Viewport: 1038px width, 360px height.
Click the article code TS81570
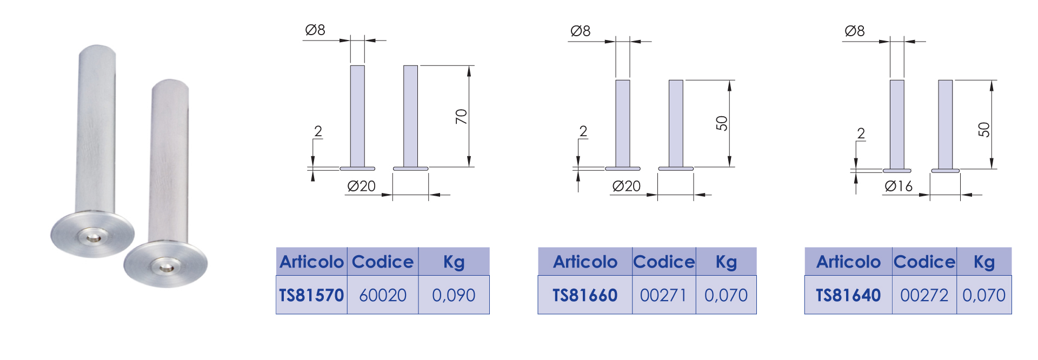pos(311,295)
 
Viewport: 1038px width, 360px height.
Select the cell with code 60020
pos(383,295)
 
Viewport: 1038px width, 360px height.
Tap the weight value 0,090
pos(454,295)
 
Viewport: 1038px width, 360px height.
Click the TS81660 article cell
pos(585,295)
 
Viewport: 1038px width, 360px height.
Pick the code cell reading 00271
pos(663,295)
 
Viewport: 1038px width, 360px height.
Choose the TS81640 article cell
pos(848,295)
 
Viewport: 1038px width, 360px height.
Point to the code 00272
pos(924,295)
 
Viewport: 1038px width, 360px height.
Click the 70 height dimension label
pos(461,116)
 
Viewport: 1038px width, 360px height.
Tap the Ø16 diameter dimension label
pos(899,186)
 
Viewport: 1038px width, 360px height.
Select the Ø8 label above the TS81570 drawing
pos(315,30)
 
